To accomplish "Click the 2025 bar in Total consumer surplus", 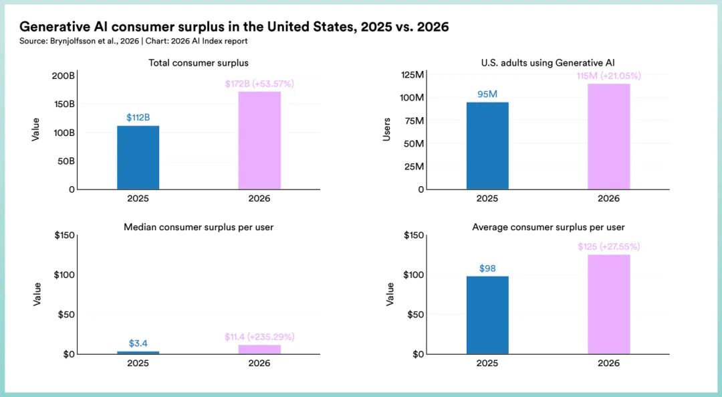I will pyautogui.click(x=138, y=157).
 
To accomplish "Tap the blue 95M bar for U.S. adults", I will pyautogui.click(x=487, y=145).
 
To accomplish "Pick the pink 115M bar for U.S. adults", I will pyautogui.click(x=608, y=136).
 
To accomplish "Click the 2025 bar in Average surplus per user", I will pyautogui.click(x=487, y=315).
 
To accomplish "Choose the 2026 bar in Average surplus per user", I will pyautogui.click(x=608, y=304).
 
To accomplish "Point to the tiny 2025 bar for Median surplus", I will pyautogui.click(x=138, y=352).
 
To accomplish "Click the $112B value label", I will pyautogui.click(x=138, y=118).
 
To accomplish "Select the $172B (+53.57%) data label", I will pyautogui.click(x=259, y=84).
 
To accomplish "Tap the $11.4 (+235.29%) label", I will pyautogui.click(x=259, y=337).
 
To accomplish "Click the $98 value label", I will pyautogui.click(x=487, y=268).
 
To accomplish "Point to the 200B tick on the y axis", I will pyautogui.click(x=64, y=76).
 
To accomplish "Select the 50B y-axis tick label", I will pyautogui.click(x=66, y=161).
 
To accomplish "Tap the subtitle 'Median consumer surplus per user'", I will pyautogui.click(x=199, y=227).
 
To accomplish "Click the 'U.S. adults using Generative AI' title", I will pyautogui.click(x=548, y=63).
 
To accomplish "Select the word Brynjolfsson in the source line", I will pyautogui.click(x=74, y=42).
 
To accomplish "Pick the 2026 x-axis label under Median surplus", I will pyautogui.click(x=259, y=363).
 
